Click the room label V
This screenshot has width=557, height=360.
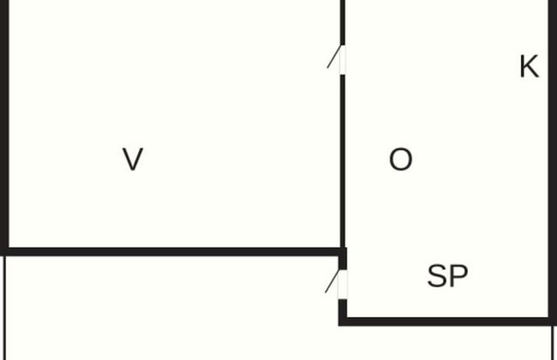pyautogui.click(x=133, y=159)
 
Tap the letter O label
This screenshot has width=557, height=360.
pyautogui.click(x=400, y=159)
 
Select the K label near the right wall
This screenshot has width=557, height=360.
pyautogui.click(x=529, y=67)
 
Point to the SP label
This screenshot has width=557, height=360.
pyautogui.click(x=447, y=276)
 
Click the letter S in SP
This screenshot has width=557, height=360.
pyautogui.click(x=437, y=276)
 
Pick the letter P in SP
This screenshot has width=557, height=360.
pyautogui.click(x=458, y=276)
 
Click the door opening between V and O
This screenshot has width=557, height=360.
pyautogui.click(x=343, y=60)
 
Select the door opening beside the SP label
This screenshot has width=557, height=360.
pyautogui.click(x=343, y=285)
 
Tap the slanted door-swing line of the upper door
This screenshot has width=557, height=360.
pyautogui.click(x=333, y=57)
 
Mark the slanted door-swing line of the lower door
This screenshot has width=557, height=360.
pyautogui.click(x=332, y=281)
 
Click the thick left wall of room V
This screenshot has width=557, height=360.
pyautogui.click(x=4, y=129)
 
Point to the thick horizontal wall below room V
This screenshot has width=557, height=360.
pyautogui.click(x=171, y=251)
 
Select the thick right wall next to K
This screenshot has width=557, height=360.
pyautogui.click(x=552, y=171)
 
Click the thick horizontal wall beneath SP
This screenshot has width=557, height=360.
pyautogui.click(x=446, y=321)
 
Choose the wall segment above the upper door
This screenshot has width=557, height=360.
pyautogui.click(x=343, y=21)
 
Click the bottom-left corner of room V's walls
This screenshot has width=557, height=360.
pyautogui.click(x=4, y=251)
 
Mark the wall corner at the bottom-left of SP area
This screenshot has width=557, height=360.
pyautogui.click(x=343, y=321)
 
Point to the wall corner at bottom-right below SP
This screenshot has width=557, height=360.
pyautogui.click(x=552, y=321)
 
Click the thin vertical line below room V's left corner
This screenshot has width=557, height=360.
pyautogui.click(x=5, y=309)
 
